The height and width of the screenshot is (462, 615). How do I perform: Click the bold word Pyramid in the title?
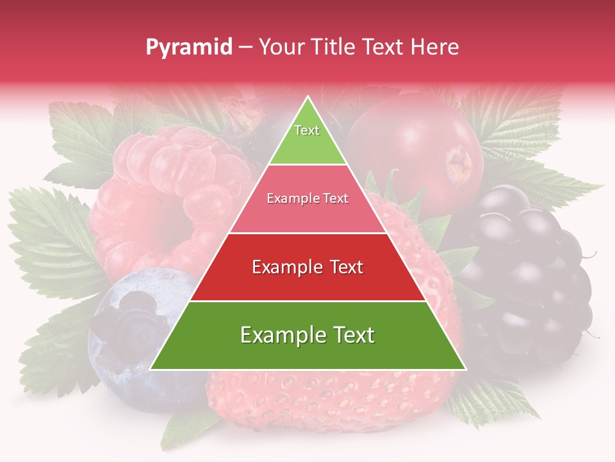[189, 47]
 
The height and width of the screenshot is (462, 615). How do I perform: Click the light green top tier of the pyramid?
[307, 141]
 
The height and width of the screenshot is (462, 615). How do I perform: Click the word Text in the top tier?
[307, 130]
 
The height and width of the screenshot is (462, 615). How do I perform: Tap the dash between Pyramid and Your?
[245, 47]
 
